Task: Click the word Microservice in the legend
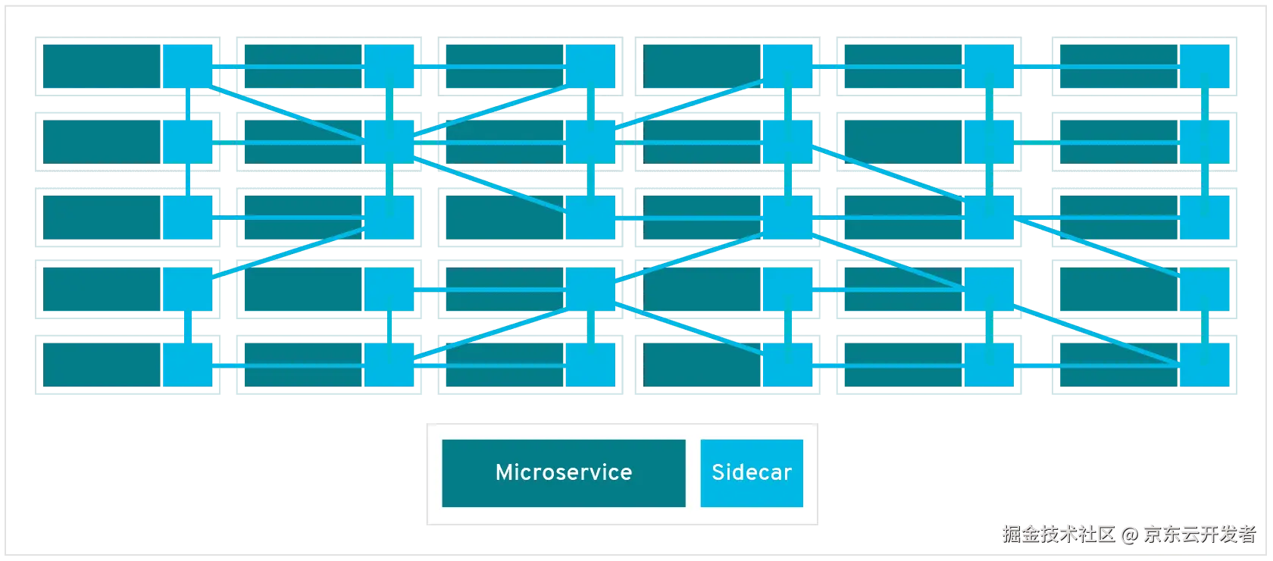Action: [x=564, y=472]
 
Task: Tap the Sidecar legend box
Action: [x=752, y=473]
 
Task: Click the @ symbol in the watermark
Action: [x=1130, y=534]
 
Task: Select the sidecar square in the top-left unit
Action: [x=188, y=67]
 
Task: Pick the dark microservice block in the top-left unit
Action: [x=102, y=67]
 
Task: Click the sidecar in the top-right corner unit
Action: [x=1205, y=67]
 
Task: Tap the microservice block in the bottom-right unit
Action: [x=1119, y=365]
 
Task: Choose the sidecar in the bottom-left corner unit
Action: [x=188, y=365]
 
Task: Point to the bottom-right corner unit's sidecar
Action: [x=1205, y=365]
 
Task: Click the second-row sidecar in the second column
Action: [x=389, y=142]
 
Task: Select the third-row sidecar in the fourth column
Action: [x=787, y=218]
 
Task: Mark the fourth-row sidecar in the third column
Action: [x=590, y=290]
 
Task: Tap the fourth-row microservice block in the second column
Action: [x=303, y=290]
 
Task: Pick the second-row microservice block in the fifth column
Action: [x=903, y=142]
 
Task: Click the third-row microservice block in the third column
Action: [x=505, y=218]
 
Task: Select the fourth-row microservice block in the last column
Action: [x=1119, y=290]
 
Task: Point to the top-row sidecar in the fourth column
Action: [x=787, y=67]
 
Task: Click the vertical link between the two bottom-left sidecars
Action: [x=188, y=327]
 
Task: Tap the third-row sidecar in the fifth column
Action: [x=989, y=218]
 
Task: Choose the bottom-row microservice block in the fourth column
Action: [x=702, y=365]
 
